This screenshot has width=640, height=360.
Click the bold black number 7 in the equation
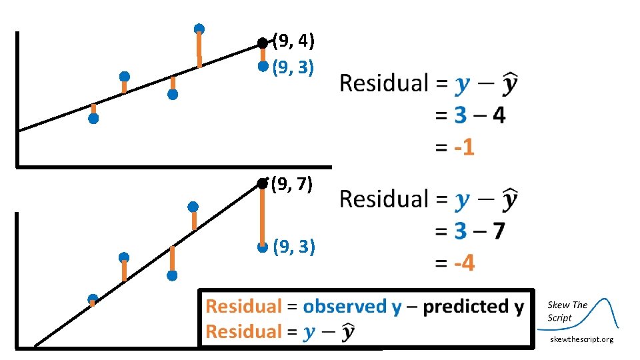coord(497,232)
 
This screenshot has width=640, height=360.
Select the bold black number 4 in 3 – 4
coord(497,116)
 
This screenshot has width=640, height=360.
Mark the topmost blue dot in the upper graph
coord(199,29)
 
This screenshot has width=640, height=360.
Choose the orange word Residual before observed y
coord(244,307)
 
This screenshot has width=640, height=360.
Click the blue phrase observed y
coord(352,307)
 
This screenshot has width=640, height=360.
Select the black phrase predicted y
coord(473,307)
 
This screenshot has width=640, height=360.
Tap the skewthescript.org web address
coord(581,340)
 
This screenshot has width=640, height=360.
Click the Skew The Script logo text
coord(567,311)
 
